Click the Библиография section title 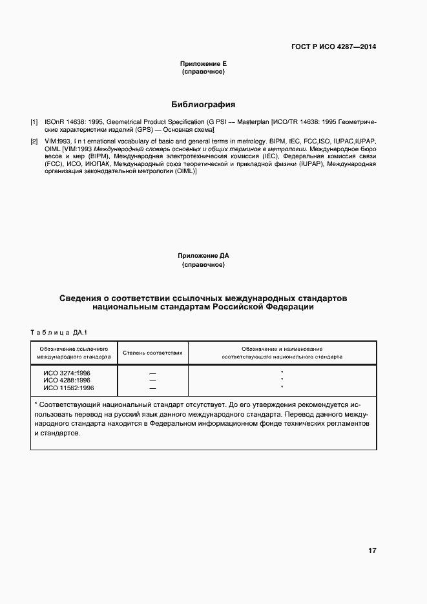click(203, 103)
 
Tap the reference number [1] click(34, 121)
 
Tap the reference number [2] click(34, 140)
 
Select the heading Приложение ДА click(203, 256)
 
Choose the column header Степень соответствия click(152, 353)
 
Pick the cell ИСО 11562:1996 click(68, 388)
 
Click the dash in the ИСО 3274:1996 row click(152, 373)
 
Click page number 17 click(371, 551)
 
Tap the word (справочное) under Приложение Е click(203, 72)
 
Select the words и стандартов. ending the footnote click(57, 433)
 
